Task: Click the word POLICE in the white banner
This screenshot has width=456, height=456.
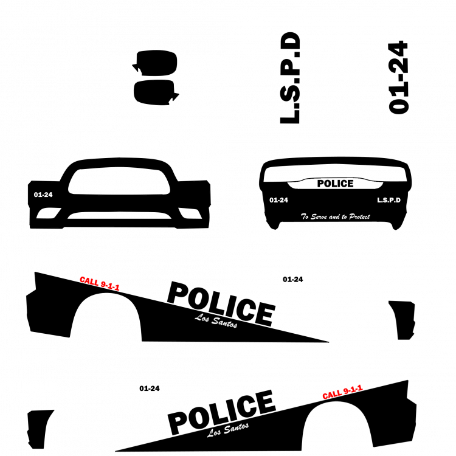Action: click(335, 184)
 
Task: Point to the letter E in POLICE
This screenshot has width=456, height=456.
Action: click(350, 184)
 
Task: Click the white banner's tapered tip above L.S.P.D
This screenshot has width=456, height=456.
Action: click(379, 183)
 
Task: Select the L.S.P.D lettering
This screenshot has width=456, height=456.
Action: click(389, 200)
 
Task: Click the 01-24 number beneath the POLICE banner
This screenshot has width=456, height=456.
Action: click(279, 200)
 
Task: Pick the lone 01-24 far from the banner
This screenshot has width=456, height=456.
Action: click(43, 195)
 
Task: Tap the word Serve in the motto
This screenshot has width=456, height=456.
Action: click(319, 216)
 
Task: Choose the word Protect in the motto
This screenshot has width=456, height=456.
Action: click(359, 216)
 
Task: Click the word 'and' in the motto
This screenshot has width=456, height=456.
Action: click(334, 216)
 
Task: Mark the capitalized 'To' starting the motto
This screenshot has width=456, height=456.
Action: click(305, 216)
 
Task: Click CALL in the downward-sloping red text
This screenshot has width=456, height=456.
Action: click(89, 281)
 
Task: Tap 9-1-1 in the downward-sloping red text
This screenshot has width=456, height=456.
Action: click(110, 286)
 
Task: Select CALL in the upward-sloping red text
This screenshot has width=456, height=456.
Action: click(332, 395)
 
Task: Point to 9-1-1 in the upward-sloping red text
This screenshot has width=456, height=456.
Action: click(353, 390)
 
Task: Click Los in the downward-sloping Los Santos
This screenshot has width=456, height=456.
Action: click(202, 318)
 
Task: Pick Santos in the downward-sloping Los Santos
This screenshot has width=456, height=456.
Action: click(224, 323)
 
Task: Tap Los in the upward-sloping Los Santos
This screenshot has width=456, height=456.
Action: click(214, 432)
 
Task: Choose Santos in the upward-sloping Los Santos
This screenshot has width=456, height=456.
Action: click(236, 428)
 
